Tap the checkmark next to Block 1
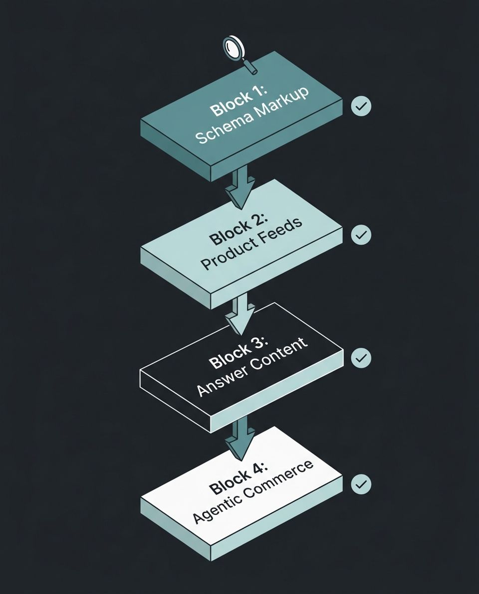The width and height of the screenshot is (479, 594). (x=361, y=106)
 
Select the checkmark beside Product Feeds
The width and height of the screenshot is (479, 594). (x=361, y=234)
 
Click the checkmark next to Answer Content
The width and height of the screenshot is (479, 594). (x=361, y=358)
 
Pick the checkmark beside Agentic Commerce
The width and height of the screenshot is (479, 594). (x=361, y=484)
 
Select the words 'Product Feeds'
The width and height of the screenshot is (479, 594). (x=252, y=244)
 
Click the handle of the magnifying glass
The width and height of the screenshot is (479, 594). (x=249, y=67)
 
